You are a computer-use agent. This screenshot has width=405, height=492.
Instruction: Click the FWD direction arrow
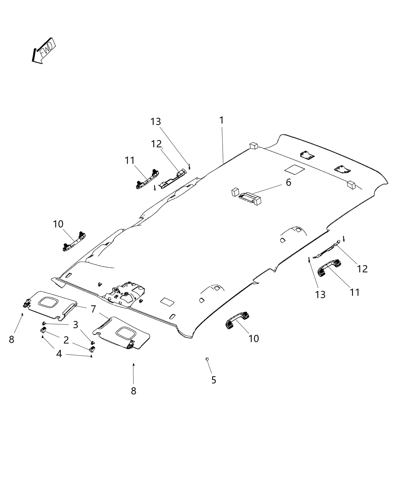tap(44, 51)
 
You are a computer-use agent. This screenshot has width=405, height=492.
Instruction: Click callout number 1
tap(221, 120)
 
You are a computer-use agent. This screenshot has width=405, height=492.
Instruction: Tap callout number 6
tap(288, 183)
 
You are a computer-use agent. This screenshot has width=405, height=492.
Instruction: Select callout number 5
tap(214, 380)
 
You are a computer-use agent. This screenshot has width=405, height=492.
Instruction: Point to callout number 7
tap(93, 309)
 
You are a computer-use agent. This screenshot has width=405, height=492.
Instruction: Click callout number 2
tap(66, 340)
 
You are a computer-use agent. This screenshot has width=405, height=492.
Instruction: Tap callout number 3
tap(76, 324)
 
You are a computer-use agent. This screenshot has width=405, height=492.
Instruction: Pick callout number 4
tap(59, 353)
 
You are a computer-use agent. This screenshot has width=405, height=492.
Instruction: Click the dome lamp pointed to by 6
tap(246, 197)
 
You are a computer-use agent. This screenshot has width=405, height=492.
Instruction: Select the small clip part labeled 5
tap(208, 359)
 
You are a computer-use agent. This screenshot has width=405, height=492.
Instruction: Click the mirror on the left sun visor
tap(49, 301)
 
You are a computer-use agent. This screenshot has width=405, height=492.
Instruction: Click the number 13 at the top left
tap(155, 122)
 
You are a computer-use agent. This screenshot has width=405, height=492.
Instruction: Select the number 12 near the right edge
tap(363, 269)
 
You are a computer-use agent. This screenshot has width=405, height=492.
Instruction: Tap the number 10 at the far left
tap(58, 224)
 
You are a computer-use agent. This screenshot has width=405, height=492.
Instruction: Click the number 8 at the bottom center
tap(133, 391)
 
